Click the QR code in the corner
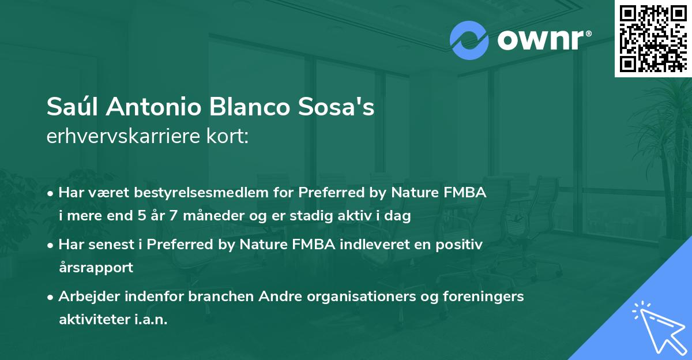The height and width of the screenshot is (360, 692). point(652,38)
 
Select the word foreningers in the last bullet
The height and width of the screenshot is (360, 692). point(488,297)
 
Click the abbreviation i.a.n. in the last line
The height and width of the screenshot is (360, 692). point(149,320)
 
